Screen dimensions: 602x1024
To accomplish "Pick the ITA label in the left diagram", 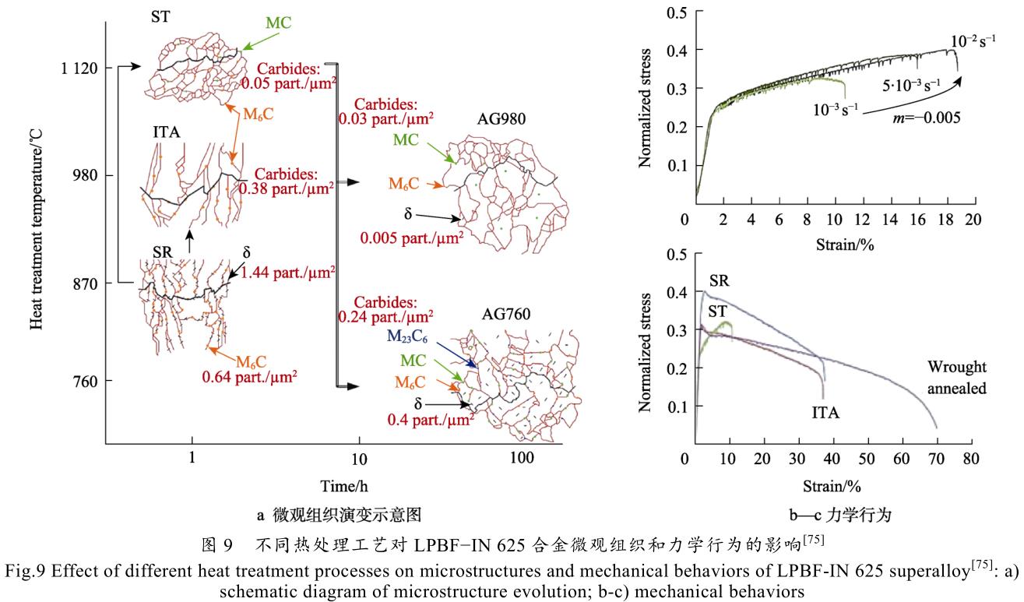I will tap(166, 132).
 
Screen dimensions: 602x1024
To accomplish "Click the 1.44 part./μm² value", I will tap(288, 272).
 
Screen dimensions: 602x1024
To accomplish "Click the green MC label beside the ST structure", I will tap(278, 23).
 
